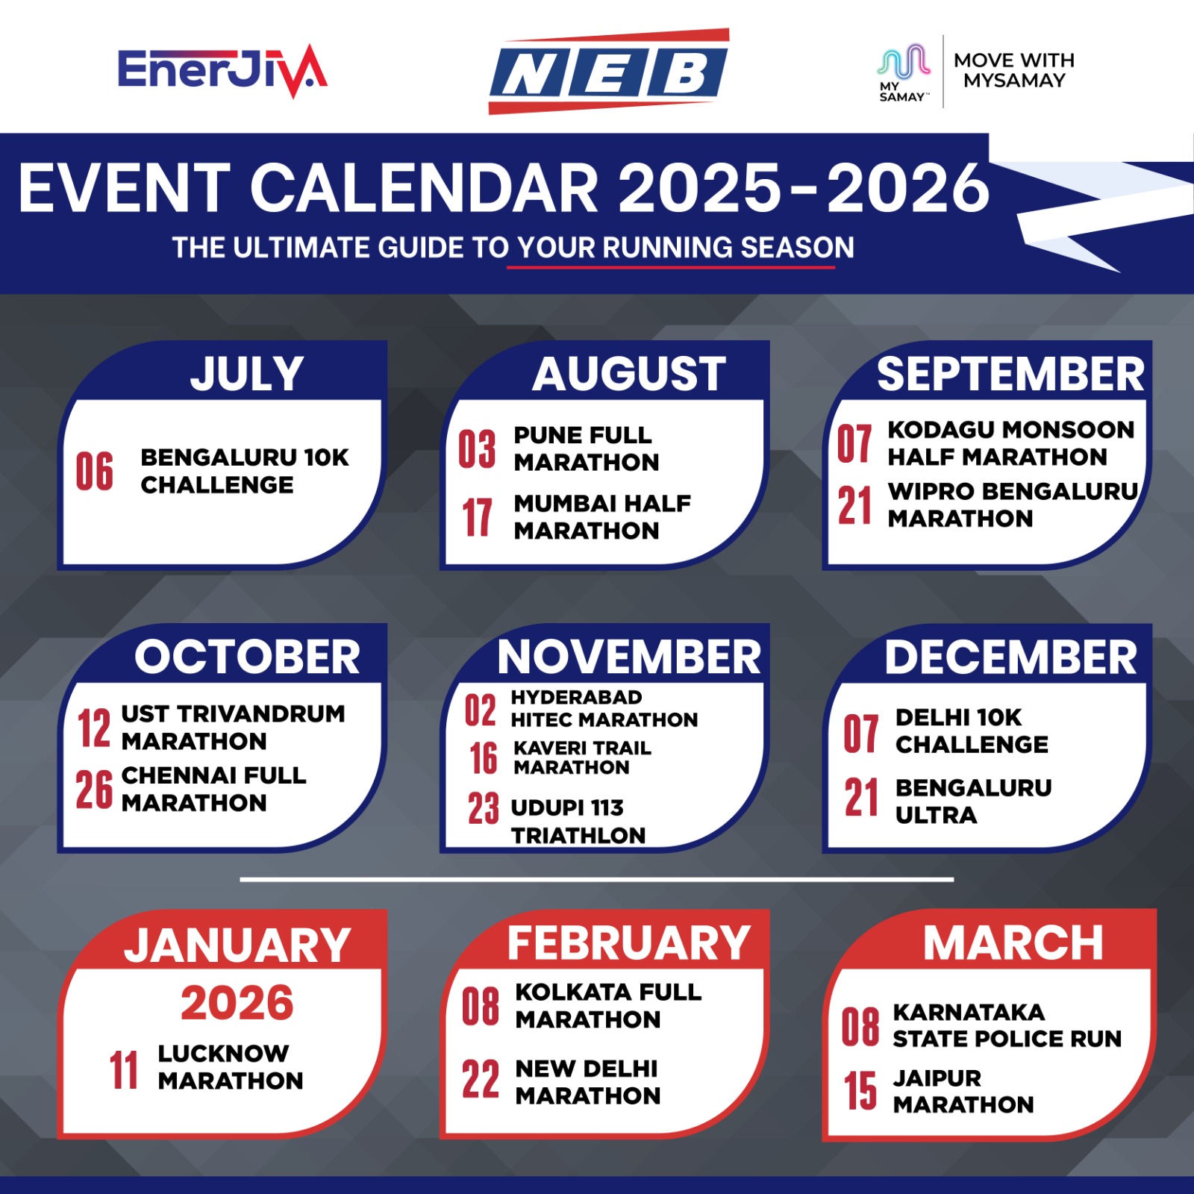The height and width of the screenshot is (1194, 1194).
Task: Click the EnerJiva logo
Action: click(222, 71)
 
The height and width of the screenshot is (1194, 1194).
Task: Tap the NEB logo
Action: click(609, 72)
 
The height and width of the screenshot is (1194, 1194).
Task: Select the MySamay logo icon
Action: click(904, 72)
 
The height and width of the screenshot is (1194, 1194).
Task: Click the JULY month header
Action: click(247, 374)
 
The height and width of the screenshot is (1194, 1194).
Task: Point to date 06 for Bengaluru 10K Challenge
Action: click(95, 472)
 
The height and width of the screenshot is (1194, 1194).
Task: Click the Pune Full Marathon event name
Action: click(587, 448)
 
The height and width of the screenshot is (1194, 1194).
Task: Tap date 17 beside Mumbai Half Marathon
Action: click(477, 517)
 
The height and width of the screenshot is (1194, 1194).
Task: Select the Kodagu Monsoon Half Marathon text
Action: click(1011, 443)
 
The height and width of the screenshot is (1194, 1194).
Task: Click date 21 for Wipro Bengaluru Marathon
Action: click(854, 506)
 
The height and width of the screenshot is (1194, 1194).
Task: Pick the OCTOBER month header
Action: click(247, 657)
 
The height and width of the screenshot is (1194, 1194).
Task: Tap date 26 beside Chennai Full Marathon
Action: click(94, 790)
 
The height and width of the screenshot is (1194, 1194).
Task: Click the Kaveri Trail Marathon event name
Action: click(582, 757)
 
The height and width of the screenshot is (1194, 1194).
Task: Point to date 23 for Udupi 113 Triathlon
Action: click(484, 808)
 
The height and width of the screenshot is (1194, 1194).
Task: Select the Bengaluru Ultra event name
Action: click(974, 801)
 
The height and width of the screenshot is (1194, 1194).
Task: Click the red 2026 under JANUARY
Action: click(237, 1003)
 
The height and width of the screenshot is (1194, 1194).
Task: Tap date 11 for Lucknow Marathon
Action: click(124, 1070)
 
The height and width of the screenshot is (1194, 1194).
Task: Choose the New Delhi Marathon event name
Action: click(588, 1082)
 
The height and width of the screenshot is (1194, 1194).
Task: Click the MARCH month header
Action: click(1013, 943)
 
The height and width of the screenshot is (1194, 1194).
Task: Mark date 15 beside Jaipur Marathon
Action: click(860, 1091)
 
